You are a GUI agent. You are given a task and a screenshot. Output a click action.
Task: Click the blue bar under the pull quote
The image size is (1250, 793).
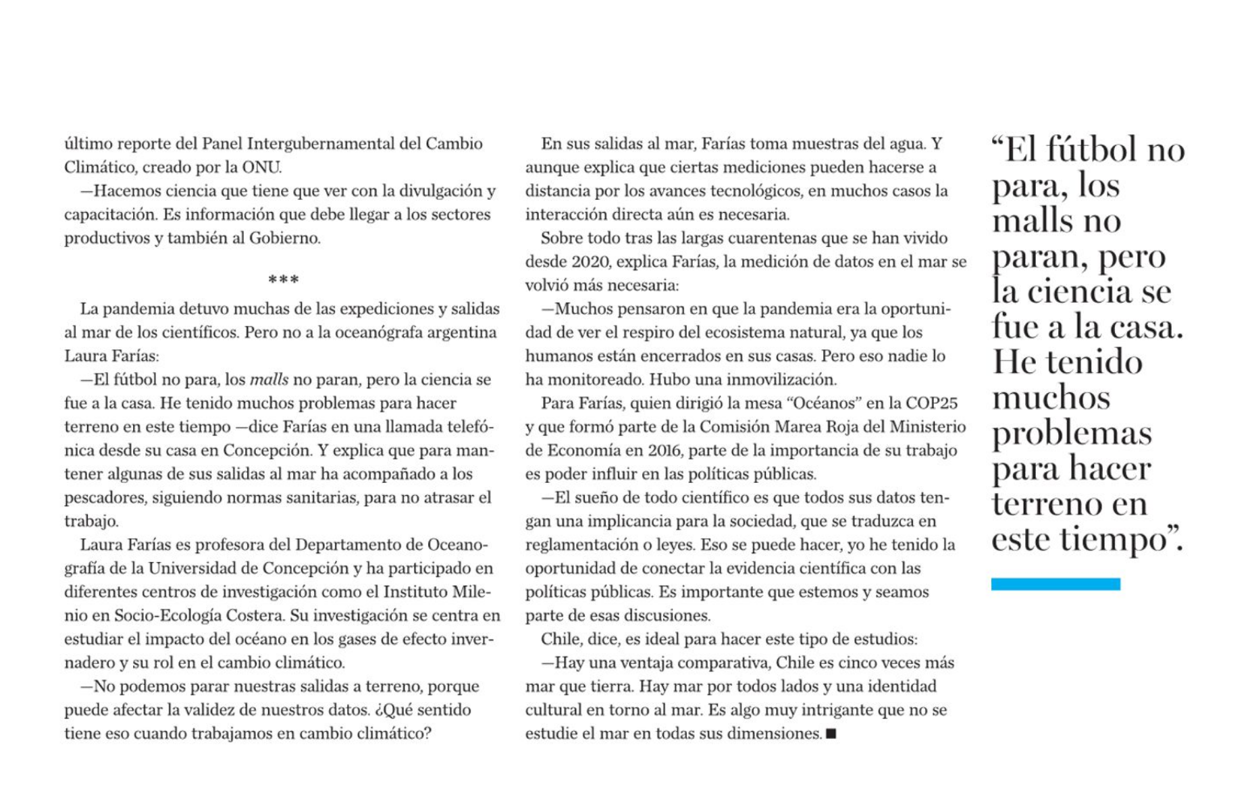(x=1055, y=584)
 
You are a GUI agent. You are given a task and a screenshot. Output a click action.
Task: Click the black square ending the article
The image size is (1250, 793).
(x=831, y=734)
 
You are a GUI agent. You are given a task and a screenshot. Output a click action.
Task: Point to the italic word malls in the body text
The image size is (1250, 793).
(x=269, y=380)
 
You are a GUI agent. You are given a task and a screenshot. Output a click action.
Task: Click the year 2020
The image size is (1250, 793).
(x=590, y=262)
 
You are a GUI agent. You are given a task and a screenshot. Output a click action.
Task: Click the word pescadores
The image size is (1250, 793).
(x=104, y=498)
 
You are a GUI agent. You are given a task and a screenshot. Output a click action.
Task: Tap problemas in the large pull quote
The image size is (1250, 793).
(x=1072, y=433)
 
